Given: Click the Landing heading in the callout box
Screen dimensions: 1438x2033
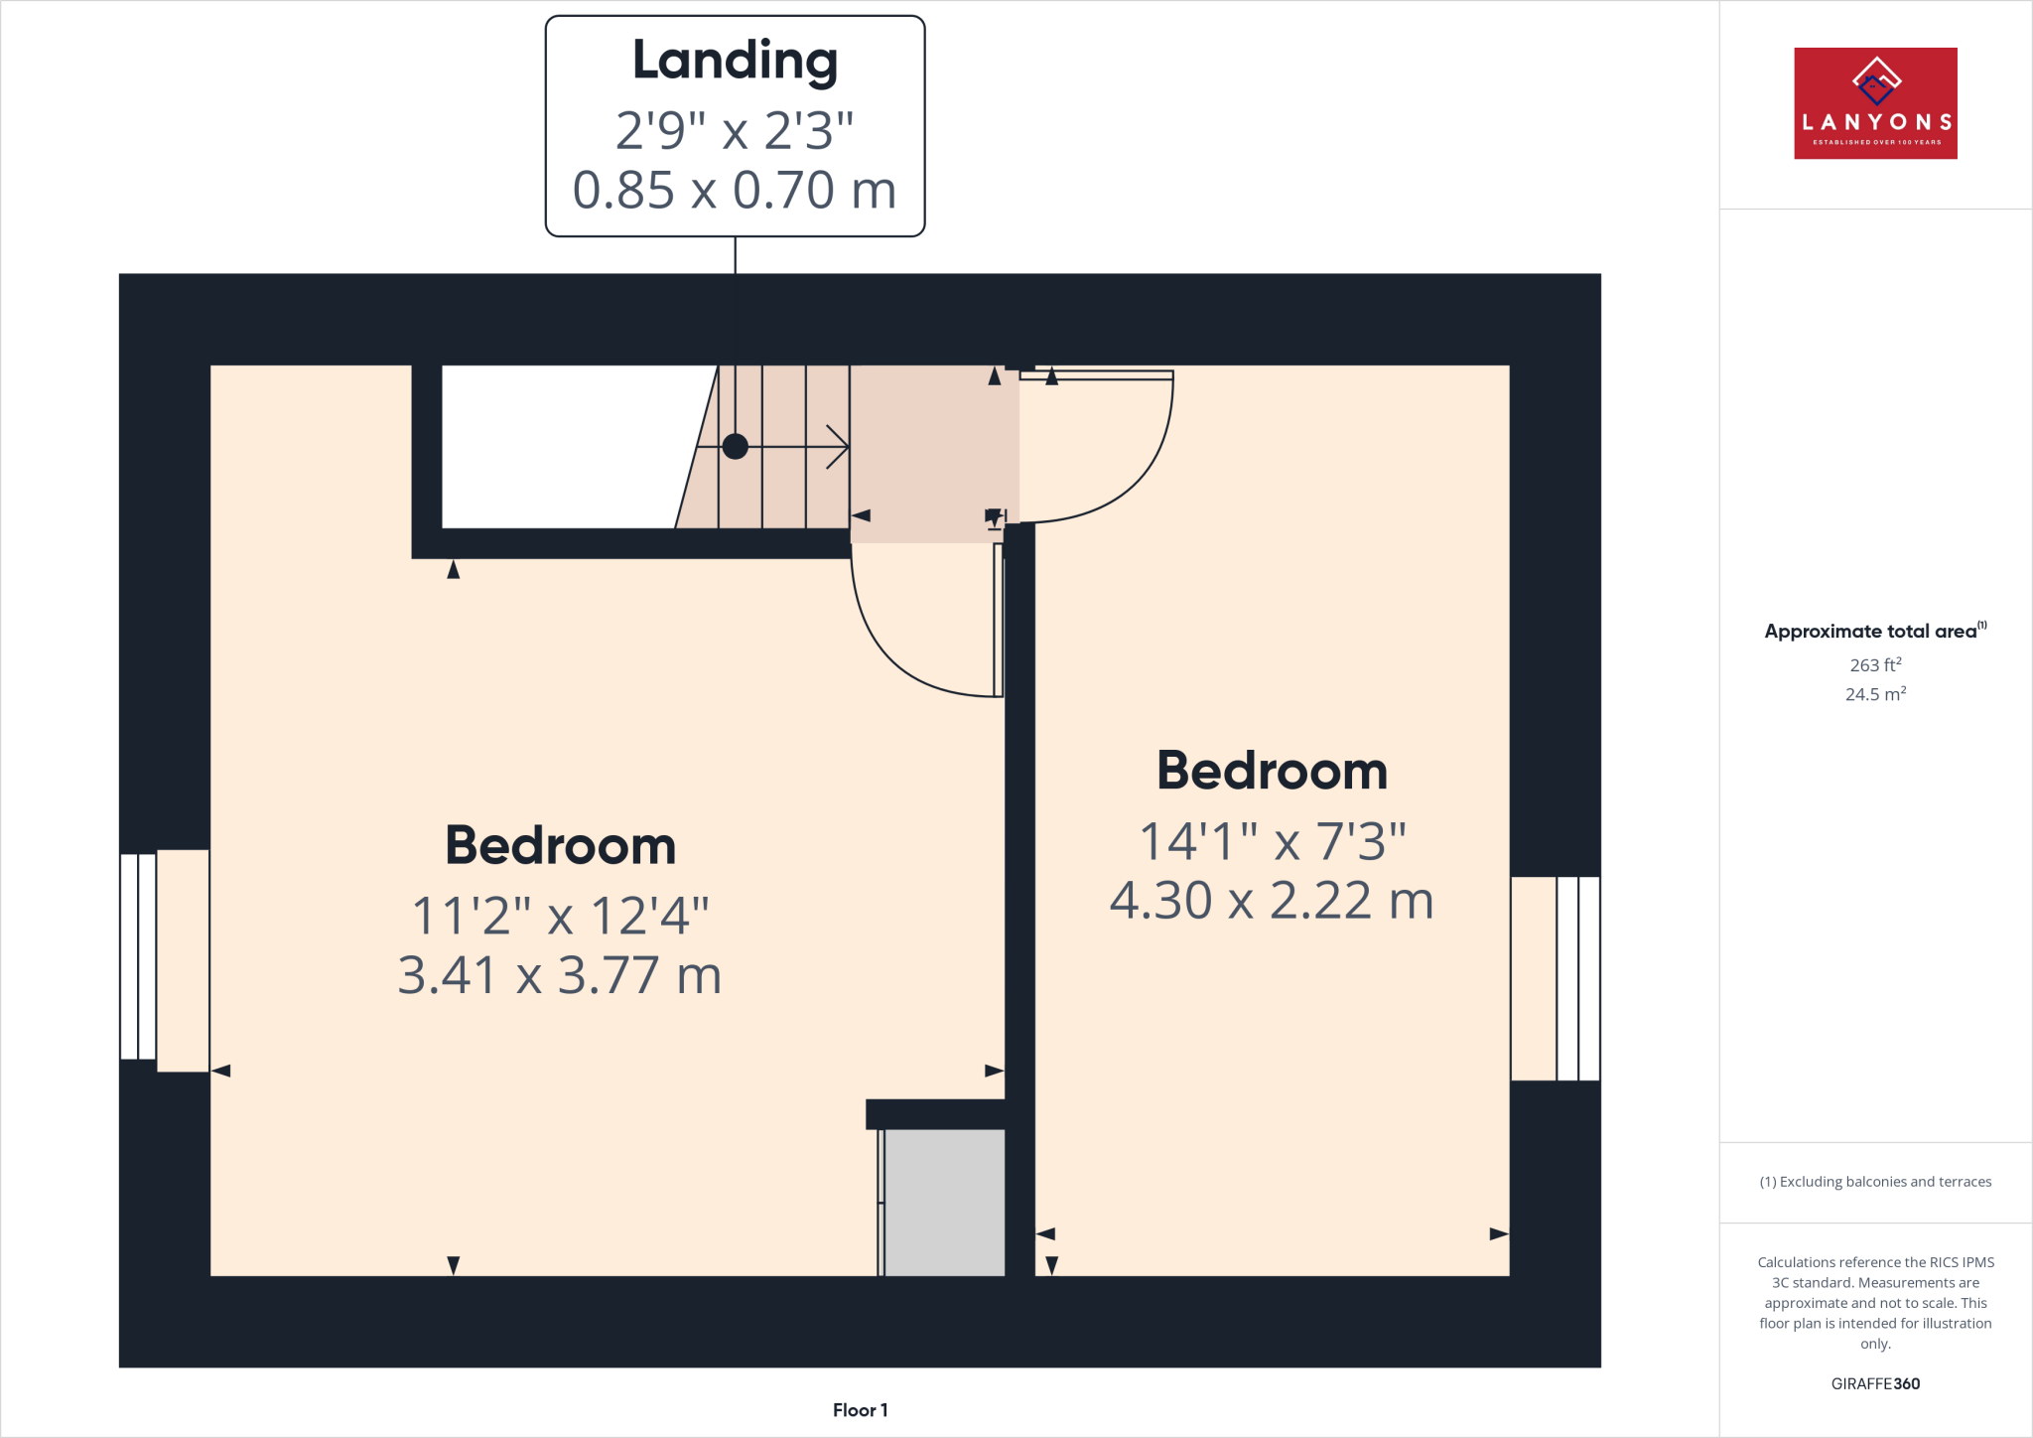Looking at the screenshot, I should [735, 62].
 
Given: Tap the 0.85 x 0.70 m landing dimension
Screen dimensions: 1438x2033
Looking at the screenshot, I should [735, 190].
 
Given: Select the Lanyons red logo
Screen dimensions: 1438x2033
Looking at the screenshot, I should [1875, 103].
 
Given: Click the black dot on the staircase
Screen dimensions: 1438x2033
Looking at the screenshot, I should [735, 447].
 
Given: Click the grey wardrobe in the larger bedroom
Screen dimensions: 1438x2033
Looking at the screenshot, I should [943, 1202].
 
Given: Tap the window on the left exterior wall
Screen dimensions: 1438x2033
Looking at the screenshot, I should [139, 956].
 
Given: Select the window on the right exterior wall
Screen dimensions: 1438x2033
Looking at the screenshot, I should [1577, 978].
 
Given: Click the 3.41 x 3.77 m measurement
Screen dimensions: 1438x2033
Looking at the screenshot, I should [560, 975].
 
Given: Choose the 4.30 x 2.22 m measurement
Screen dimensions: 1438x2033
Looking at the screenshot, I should [1272, 901].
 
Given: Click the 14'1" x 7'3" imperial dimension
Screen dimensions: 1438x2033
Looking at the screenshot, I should [1272, 841].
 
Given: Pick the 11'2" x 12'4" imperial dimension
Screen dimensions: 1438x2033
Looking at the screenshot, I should [560, 916].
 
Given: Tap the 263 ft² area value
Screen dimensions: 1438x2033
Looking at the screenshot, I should [1875, 665].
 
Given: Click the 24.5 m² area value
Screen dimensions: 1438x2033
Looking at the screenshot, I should [1875, 694].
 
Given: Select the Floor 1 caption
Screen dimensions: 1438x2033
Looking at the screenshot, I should [860, 1410].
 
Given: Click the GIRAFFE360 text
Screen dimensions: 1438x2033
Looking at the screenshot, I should [1875, 1383].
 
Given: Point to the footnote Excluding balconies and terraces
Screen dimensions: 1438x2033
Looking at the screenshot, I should [1875, 1182].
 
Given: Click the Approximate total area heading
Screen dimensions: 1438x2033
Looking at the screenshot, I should [1871, 632].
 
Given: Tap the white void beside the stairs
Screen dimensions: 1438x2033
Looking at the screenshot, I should [566, 447].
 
